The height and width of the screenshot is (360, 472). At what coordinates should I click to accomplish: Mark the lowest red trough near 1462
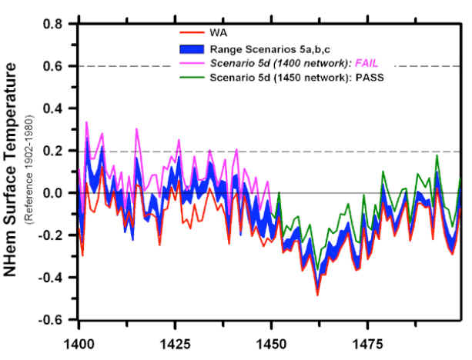point(317,295)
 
